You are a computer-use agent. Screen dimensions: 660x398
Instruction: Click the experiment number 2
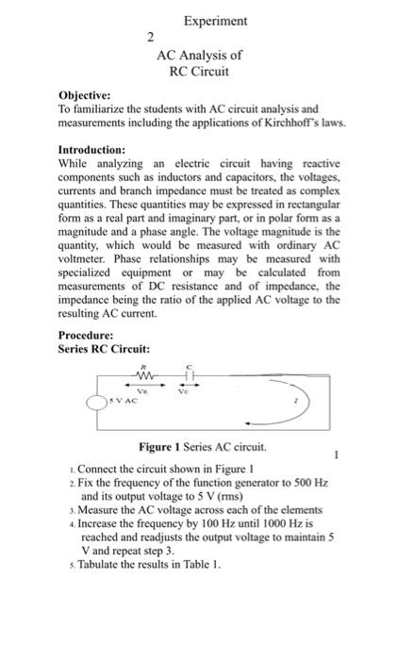pos(149,38)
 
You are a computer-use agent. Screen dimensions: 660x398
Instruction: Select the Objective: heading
pos(84,96)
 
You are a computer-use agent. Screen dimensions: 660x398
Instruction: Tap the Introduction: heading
pos(92,150)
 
